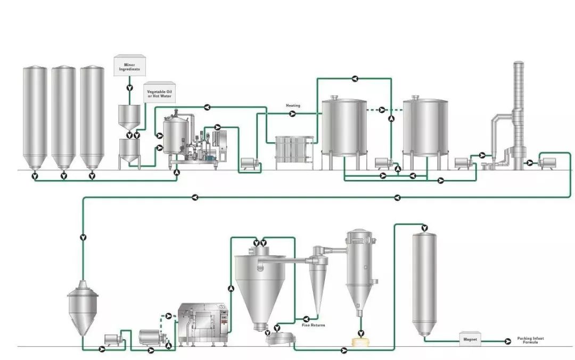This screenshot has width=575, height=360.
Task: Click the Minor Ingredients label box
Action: point(129,66)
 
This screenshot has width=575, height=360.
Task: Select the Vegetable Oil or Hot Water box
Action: point(159,92)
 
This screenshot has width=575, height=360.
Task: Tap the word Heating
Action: point(293,105)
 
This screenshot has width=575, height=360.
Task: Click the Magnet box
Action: point(470,339)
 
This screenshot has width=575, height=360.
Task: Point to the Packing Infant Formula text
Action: point(530,340)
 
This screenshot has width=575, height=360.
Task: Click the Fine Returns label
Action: point(313,325)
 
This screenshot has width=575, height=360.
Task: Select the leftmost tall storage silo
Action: point(35,118)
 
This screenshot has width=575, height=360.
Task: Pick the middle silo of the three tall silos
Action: point(63,118)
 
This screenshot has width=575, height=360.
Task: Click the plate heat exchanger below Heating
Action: point(294,153)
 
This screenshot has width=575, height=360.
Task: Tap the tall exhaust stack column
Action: point(518,115)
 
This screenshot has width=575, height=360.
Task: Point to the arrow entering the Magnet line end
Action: point(508,342)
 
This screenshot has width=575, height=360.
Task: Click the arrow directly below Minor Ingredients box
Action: point(129,88)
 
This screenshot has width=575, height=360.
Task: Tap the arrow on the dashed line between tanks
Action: point(382,110)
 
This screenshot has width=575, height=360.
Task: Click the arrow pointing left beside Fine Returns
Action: point(306,319)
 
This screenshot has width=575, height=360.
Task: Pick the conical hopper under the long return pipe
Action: point(83,308)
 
